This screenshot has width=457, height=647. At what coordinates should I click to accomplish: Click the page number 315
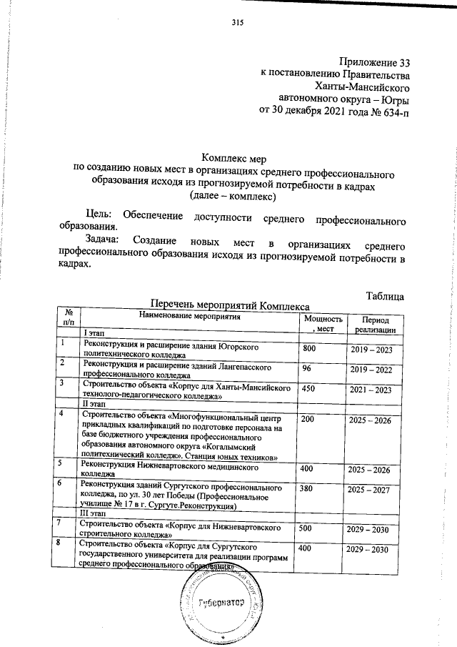point(238,23)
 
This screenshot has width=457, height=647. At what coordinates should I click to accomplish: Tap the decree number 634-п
point(394,112)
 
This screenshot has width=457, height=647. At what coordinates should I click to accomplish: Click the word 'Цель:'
point(97,214)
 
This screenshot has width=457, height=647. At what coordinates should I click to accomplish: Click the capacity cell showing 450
point(308,389)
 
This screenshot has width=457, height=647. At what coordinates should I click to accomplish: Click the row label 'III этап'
point(97,514)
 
